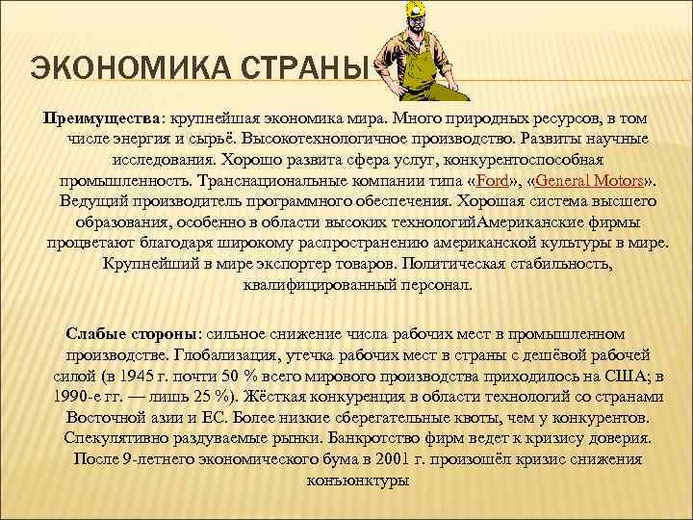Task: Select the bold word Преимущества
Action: tap(100, 117)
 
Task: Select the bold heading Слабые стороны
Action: tap(131, 333)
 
